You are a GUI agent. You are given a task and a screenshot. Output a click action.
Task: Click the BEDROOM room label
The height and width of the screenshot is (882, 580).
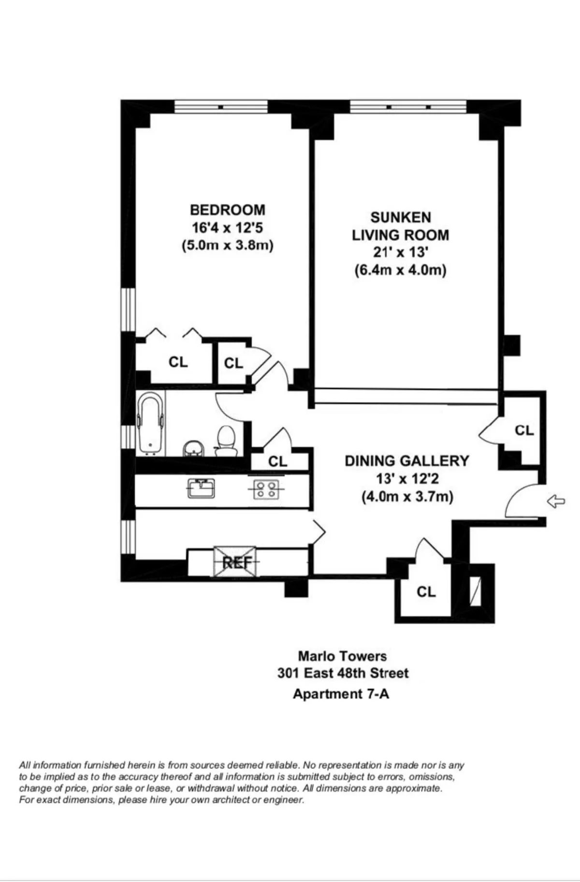click(x=227, y=210)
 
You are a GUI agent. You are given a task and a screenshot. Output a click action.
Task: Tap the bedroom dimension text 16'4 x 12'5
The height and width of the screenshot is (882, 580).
click(x=227, y=227)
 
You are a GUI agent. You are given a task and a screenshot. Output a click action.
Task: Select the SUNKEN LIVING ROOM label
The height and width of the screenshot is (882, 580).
click(x=400, y=226)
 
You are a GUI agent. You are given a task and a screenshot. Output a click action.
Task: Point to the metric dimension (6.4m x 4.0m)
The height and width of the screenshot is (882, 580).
click(x=400, y=270)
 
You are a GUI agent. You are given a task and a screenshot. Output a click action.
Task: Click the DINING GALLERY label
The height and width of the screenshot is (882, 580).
click(x=406, y=461)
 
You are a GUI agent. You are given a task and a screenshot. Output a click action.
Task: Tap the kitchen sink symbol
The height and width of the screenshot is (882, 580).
click(x=202, y=488)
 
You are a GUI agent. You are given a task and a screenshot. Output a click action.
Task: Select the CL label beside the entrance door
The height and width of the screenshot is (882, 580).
click(x=524, y=430)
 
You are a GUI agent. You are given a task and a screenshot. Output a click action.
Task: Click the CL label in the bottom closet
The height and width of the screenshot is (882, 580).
click(x=426, y=592)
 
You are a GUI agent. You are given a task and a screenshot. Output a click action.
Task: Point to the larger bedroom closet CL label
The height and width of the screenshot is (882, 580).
click(x=178, y=361)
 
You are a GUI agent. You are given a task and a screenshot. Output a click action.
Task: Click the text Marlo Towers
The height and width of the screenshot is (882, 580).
click(x=342, y=656)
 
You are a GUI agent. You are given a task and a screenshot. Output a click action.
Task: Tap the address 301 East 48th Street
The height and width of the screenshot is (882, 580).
click(x=343, y=673)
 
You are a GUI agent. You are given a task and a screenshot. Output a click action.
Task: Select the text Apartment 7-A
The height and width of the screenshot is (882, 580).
click(x=341, y=694)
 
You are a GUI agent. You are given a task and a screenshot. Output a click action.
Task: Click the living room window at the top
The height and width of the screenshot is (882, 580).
click(x=408, y=106)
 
